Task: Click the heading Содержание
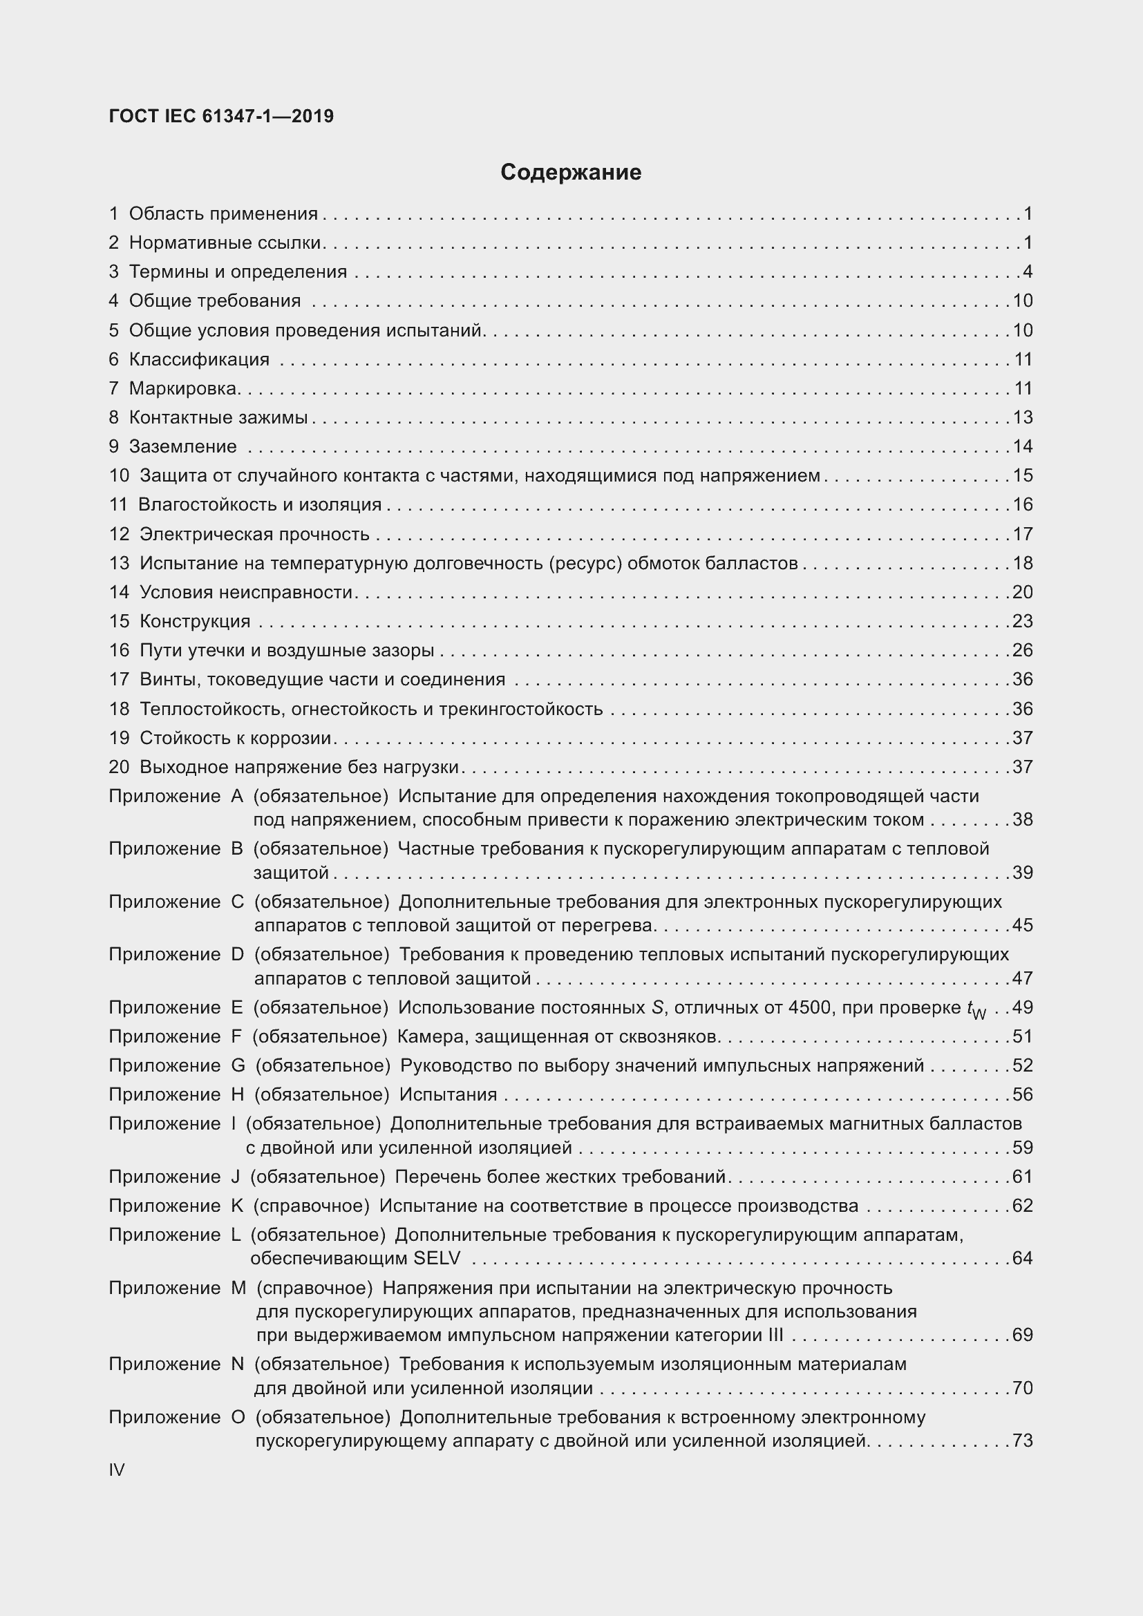[x=571, y=173]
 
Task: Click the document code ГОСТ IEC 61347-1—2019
[x=221, y=116]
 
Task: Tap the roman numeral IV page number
[x=117, y=1470]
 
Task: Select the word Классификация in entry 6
[x=199, y=360]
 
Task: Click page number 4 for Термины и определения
[x=1028, y=272]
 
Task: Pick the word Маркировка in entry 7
[x=182, y=388]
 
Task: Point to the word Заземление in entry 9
[x=183, y=446]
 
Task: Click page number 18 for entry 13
[x=1023, y=563]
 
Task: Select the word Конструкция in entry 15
[x=195, y=621]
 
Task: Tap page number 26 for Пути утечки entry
[x=1023, y=650]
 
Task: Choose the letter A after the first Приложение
[x=237, y=796]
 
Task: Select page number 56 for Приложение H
[x=1023, y=1094]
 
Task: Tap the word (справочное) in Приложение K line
[x=311, y=1206]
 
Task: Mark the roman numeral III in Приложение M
[x=775, y=1335]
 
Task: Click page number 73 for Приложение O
[x=1023, y=1441]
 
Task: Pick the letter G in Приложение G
[x=238, y=1065]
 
